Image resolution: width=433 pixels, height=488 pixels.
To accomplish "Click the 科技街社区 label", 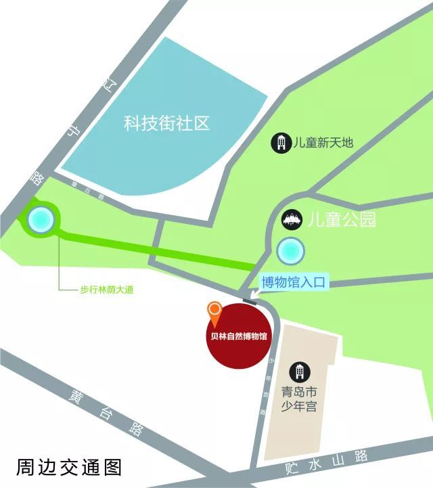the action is point(166,123).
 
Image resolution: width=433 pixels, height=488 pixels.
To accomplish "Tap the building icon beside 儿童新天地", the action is point(280,143).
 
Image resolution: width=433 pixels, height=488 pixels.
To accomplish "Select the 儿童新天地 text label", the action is point(323,143).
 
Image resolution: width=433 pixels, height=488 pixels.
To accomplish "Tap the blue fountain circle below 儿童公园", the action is point(290,250).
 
